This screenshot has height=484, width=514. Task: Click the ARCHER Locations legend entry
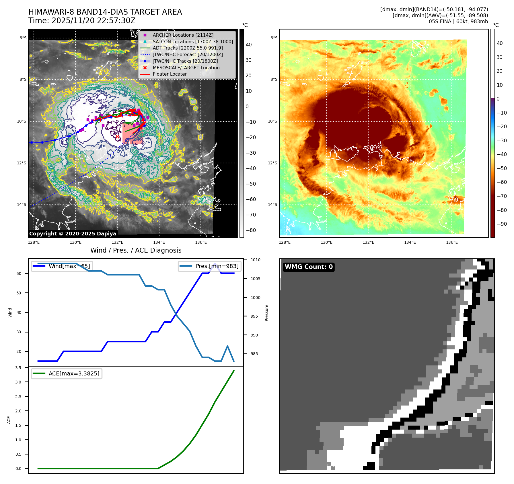pos(183,35)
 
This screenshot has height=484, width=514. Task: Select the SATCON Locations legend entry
pos(192,42)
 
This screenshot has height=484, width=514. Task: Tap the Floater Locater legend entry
pos(170,74)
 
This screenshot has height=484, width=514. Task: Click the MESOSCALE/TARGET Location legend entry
pos(186,68)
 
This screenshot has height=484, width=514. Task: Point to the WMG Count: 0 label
pos(309,267)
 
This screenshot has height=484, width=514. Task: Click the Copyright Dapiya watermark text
pos(73,234)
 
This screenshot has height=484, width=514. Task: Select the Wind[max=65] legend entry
pos(69,266)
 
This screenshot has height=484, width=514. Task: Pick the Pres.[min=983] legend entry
pos(217,266)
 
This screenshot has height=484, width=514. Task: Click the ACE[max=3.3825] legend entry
pos(74,373)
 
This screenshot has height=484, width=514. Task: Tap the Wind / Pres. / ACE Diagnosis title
pos(136,250)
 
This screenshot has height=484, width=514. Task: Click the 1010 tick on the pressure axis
pos(255,260)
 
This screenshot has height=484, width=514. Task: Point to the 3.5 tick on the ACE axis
pos(18,368)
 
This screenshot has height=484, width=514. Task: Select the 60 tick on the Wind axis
pos(19,274)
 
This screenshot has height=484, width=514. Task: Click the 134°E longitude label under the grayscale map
pos(159,242)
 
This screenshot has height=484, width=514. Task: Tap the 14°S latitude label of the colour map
pos(272,204)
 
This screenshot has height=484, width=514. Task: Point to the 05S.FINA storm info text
pos(458,21)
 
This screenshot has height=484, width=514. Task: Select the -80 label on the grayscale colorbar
pos(251,230)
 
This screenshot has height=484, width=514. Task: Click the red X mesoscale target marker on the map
pos(117,137)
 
